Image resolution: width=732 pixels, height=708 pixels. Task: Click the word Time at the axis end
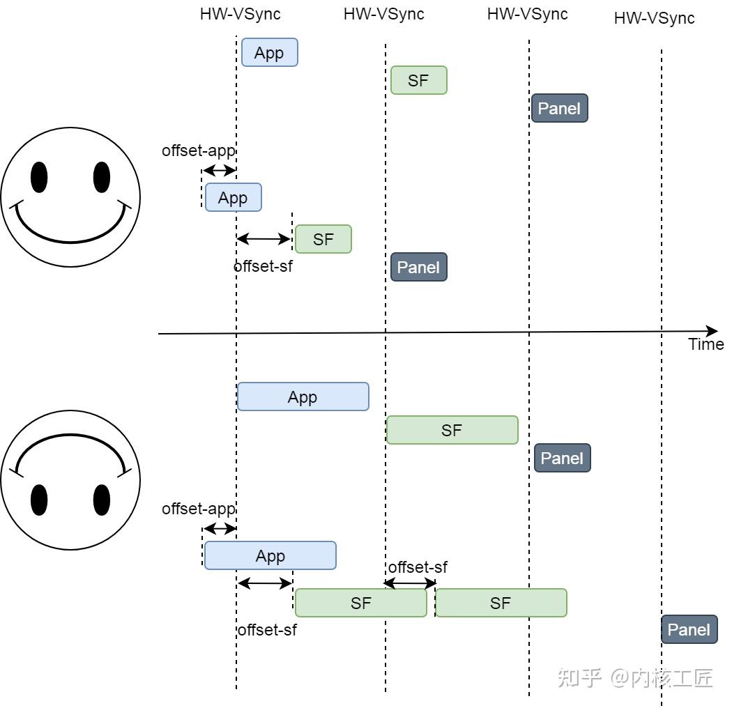[x=706, y=344]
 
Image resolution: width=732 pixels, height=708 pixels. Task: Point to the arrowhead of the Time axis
[x=717, y=331]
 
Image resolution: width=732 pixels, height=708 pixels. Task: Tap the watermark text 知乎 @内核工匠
[x=635, y=678]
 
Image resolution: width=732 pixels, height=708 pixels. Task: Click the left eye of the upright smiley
[x=39, y=178]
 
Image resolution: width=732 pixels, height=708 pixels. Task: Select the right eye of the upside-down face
[x=102, y=500]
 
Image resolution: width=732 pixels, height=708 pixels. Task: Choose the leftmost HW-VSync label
[x=240, y=14]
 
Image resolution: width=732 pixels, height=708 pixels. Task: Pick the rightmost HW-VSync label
[x=654, y=18]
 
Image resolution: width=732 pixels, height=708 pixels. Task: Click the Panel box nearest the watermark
[x=689, y=629]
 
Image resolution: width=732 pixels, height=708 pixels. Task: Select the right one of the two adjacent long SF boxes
[x=501, y=603]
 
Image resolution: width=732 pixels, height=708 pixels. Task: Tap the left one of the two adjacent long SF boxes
[x=361, y=603]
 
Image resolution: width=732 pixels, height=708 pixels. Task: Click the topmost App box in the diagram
[x=269, y=52]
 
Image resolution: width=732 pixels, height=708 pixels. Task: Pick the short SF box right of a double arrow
[x=323, y=239]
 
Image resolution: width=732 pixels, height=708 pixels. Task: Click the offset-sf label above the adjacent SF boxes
[x=418, y=567]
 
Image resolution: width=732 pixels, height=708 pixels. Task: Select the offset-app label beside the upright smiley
[x=199, y=151]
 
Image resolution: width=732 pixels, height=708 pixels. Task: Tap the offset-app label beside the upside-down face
[x=199, y=509]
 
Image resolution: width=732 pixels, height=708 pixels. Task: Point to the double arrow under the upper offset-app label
[x=220, y=170]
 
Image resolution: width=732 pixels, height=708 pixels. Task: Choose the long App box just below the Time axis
[x=303, y=397]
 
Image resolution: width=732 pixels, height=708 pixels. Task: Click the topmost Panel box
[x=559, y=108]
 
